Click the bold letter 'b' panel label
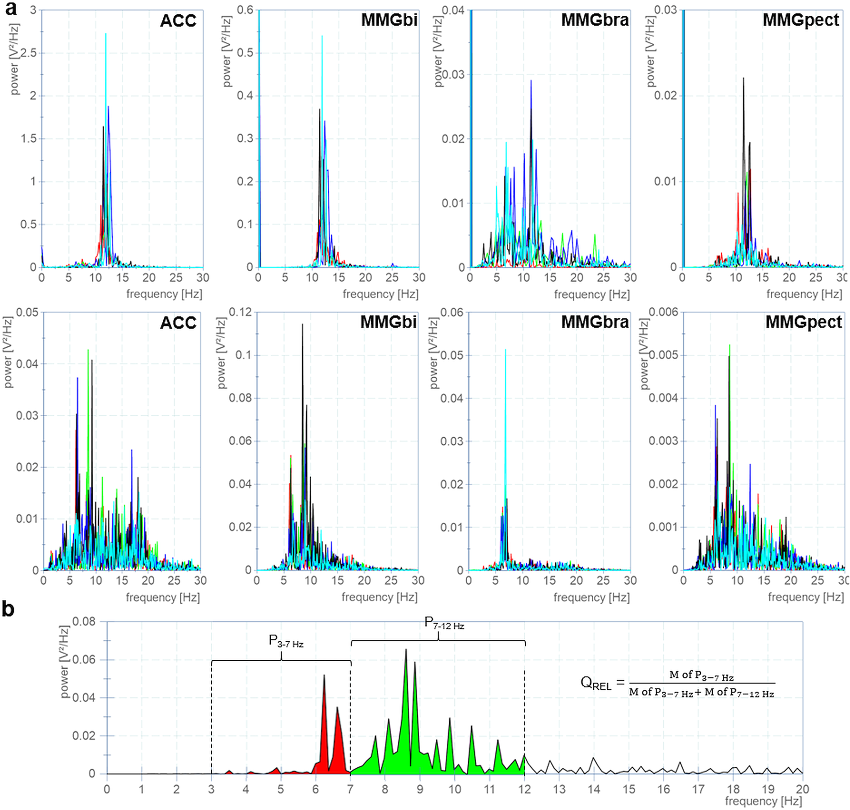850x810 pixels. coord(8,609)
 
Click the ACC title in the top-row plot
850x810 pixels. coord(178,21)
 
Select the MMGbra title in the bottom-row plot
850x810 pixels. coord(595,322)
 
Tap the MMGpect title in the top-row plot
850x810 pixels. coord(801,20)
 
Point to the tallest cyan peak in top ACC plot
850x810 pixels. coord(106,34)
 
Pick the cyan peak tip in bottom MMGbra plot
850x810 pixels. coord(506,350)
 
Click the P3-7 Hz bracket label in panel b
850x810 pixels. coord(286,641)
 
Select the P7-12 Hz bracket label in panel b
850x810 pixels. coord(444,623)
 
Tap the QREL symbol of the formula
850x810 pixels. coord(595,683)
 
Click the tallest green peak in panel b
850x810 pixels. coord(406,650)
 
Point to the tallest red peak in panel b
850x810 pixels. coord(324,676)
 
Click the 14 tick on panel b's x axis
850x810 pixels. coord(594,789)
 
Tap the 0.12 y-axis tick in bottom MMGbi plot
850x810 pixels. coord(240,312)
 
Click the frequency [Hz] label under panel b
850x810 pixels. coord(763,801)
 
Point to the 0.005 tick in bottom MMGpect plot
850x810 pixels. coord(663,355)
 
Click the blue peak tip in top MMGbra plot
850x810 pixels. coord(531,81)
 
